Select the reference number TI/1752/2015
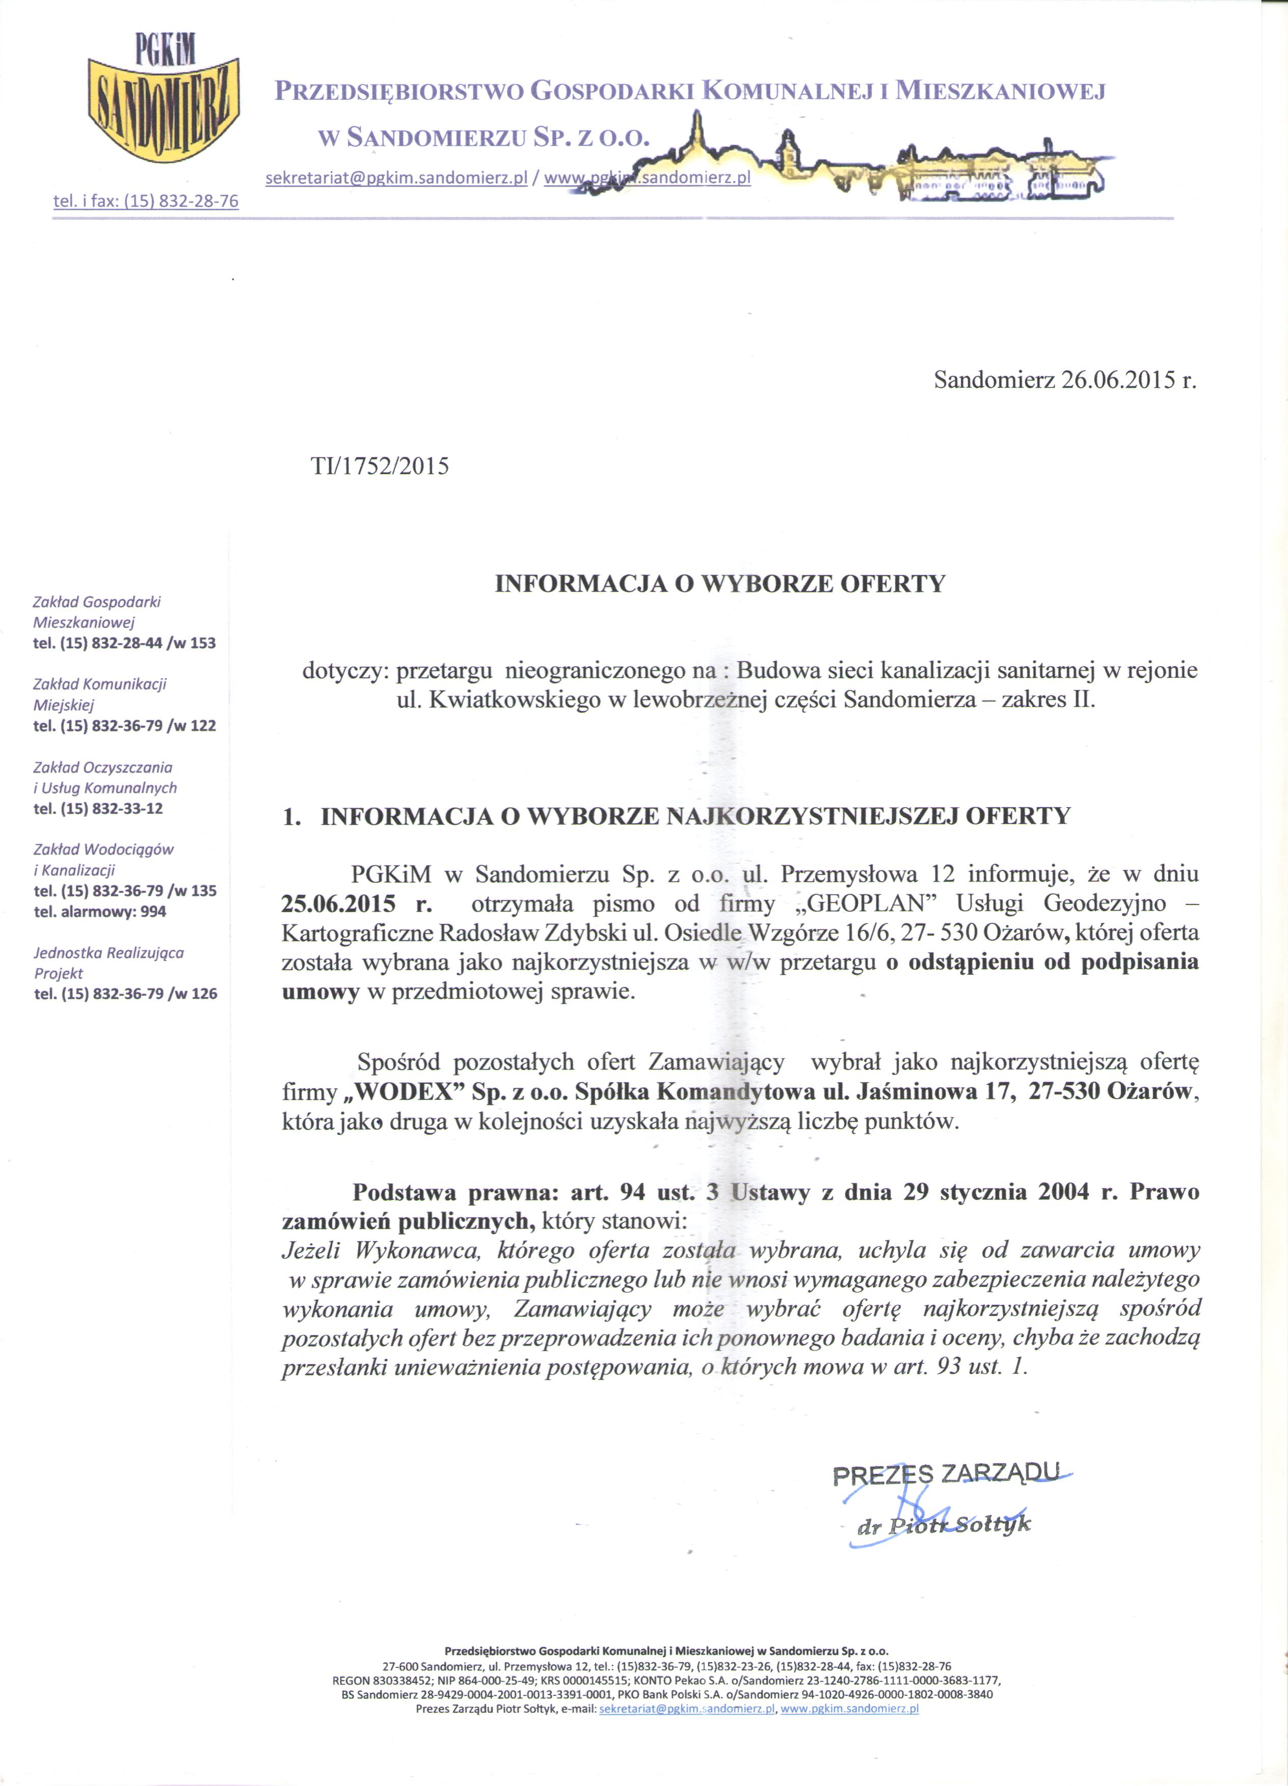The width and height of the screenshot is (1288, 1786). point(380,466)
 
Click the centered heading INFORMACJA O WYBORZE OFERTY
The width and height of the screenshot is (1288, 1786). point(719,584)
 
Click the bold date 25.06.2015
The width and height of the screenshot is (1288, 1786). point(339,903)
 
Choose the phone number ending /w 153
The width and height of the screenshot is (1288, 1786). point(124,643)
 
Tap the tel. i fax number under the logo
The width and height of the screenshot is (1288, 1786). point(146,201)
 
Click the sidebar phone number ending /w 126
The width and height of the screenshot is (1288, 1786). point(125,994)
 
